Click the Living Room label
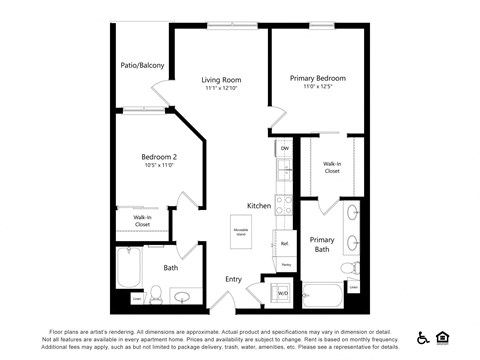pyautogui.click(x=220, y=79)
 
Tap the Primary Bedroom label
pyautogui.click(x=318, y=78)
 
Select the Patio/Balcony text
pyautogui.click(x=141, y=66)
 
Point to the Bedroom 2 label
pyautogui.click(x=159, y=156)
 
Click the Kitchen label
pyautogui.click(x=259, y=206)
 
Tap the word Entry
pyautogui.click(x=233, y=279)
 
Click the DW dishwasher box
pyautogui.click(x=285, y=149)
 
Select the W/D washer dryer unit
pyautogui.click(x=282, y=293)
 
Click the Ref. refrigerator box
pyautogui.click(x=285, y=244)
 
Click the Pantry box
pyautogui.click(x=285, y=265)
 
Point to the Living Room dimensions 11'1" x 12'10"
pyautogui.click(x=220, y=89)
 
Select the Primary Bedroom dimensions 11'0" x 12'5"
pyautogui.click(x=318, y=88)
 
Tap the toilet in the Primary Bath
pyautogui.click(x=350, y=268)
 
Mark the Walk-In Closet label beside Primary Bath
pyautogui.click(x=332, y=167)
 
